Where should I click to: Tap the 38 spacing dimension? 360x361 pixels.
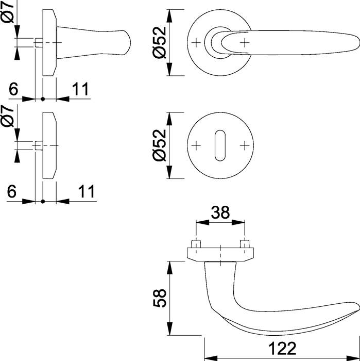point(220,212)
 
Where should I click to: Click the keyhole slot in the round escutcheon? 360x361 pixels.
point(220,146)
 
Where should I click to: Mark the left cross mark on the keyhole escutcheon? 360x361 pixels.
point(196,146)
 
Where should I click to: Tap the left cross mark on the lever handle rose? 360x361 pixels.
point(196,42)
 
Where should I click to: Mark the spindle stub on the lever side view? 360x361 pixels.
point(39,42)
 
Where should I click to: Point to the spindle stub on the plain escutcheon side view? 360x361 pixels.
point(39,145)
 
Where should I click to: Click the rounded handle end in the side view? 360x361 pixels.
point(126,42)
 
